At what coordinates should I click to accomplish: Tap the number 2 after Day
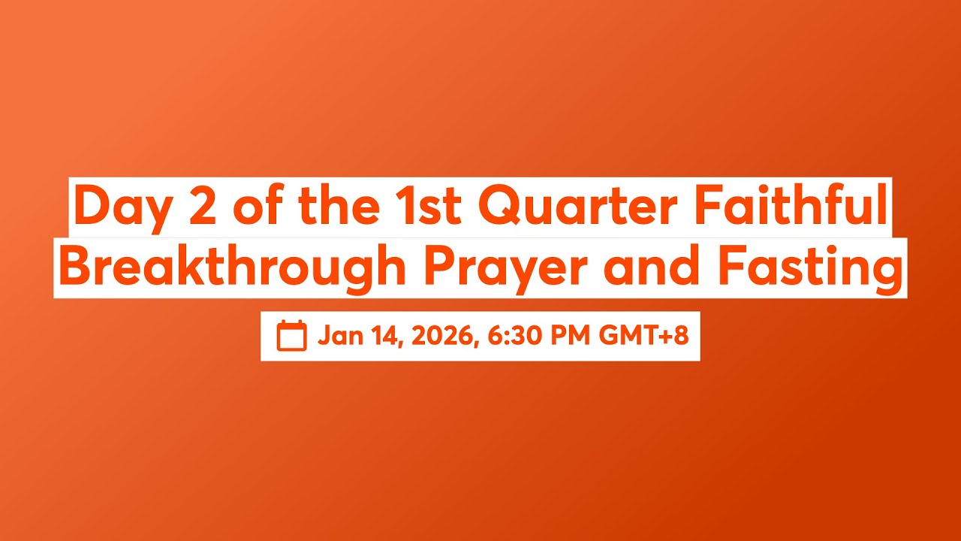(x=200, y=207)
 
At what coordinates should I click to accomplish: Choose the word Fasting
(x=811, y=268)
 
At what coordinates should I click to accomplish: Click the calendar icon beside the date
(x=291, y=336)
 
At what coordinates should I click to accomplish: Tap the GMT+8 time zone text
(x=643, y=336)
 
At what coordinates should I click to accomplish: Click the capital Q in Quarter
(x=498, y=207)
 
